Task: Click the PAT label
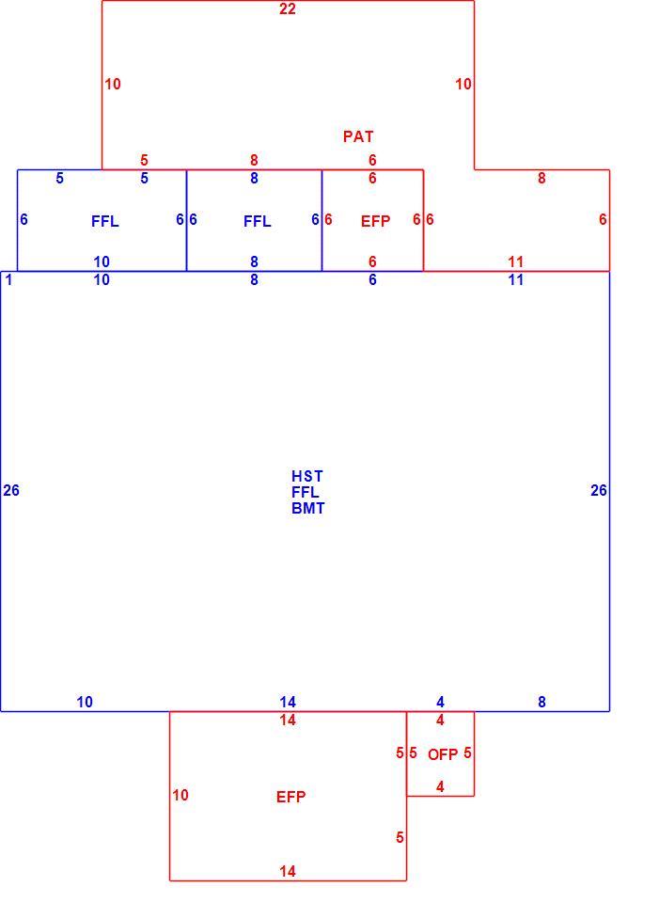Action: pyautogui.click(x=358, y=136)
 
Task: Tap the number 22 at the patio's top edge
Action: pyautogui.click(x=288, y=8)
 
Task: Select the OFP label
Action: pyautogui.click(x=443, y=754)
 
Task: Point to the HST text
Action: pyautogui.click(x=307, y=476)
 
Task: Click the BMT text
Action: pyautogui.click(x=308, y=509)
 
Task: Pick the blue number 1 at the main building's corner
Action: pyautogui.click(x=8, y=280)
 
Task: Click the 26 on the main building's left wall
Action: pyautogui.click(x=11, y=490)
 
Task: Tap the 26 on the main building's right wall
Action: pyautogui.click(x=599, y=490)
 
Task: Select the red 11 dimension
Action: pyautogui.click(x=516, y=262)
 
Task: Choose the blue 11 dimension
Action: pyautogui.click(x=516, y=280)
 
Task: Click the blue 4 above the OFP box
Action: pyautogui.click(x=440, y=702)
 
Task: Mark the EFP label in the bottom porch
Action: pyautogui.click(x=290, y=797)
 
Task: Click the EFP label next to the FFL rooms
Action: pyautogui.click(x=375, y=221)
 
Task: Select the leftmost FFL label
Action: pyautogui.click(x=104, y=221)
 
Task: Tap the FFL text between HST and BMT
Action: pyautogui.click(x=305, y=492)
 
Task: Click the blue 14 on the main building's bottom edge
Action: pyautogui.click(x=288, y=702)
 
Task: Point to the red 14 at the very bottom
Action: pyautogui.click(x=288, y=871)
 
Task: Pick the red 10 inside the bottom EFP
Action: pyautogui.click(x=180, y=796)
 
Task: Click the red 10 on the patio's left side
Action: pyautogui.click(x=113, y=84)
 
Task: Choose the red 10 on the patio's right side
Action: pyautogui.click(x=463, y=84)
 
